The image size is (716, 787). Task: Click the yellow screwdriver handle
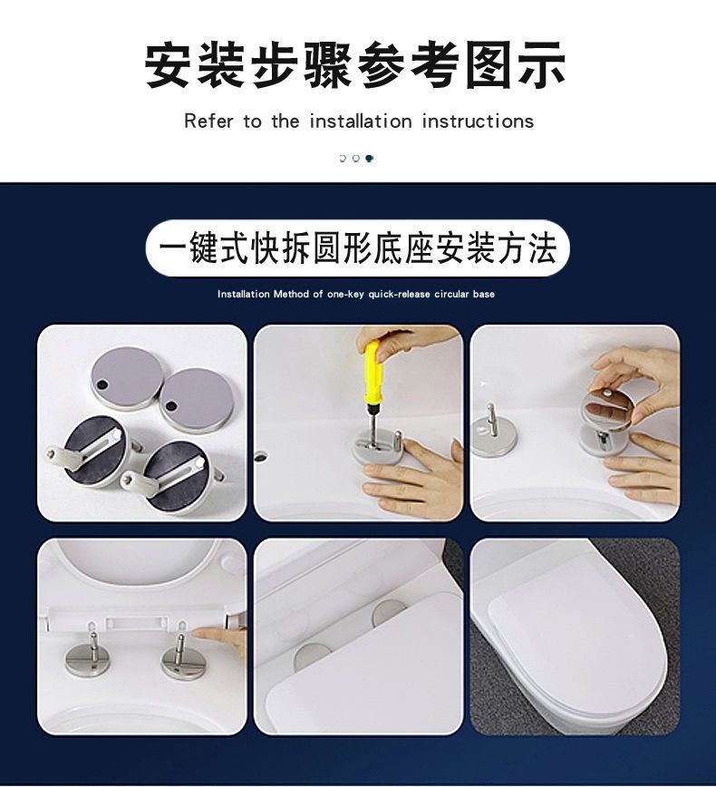tap(373, 372)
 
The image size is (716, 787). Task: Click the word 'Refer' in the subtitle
tap(208, 121)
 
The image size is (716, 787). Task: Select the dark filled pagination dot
tap(369, 159)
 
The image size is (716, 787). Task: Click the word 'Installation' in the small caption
tap(244, 294)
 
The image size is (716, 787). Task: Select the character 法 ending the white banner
tap(542, 248)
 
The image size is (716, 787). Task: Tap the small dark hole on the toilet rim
tap(261, 456)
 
